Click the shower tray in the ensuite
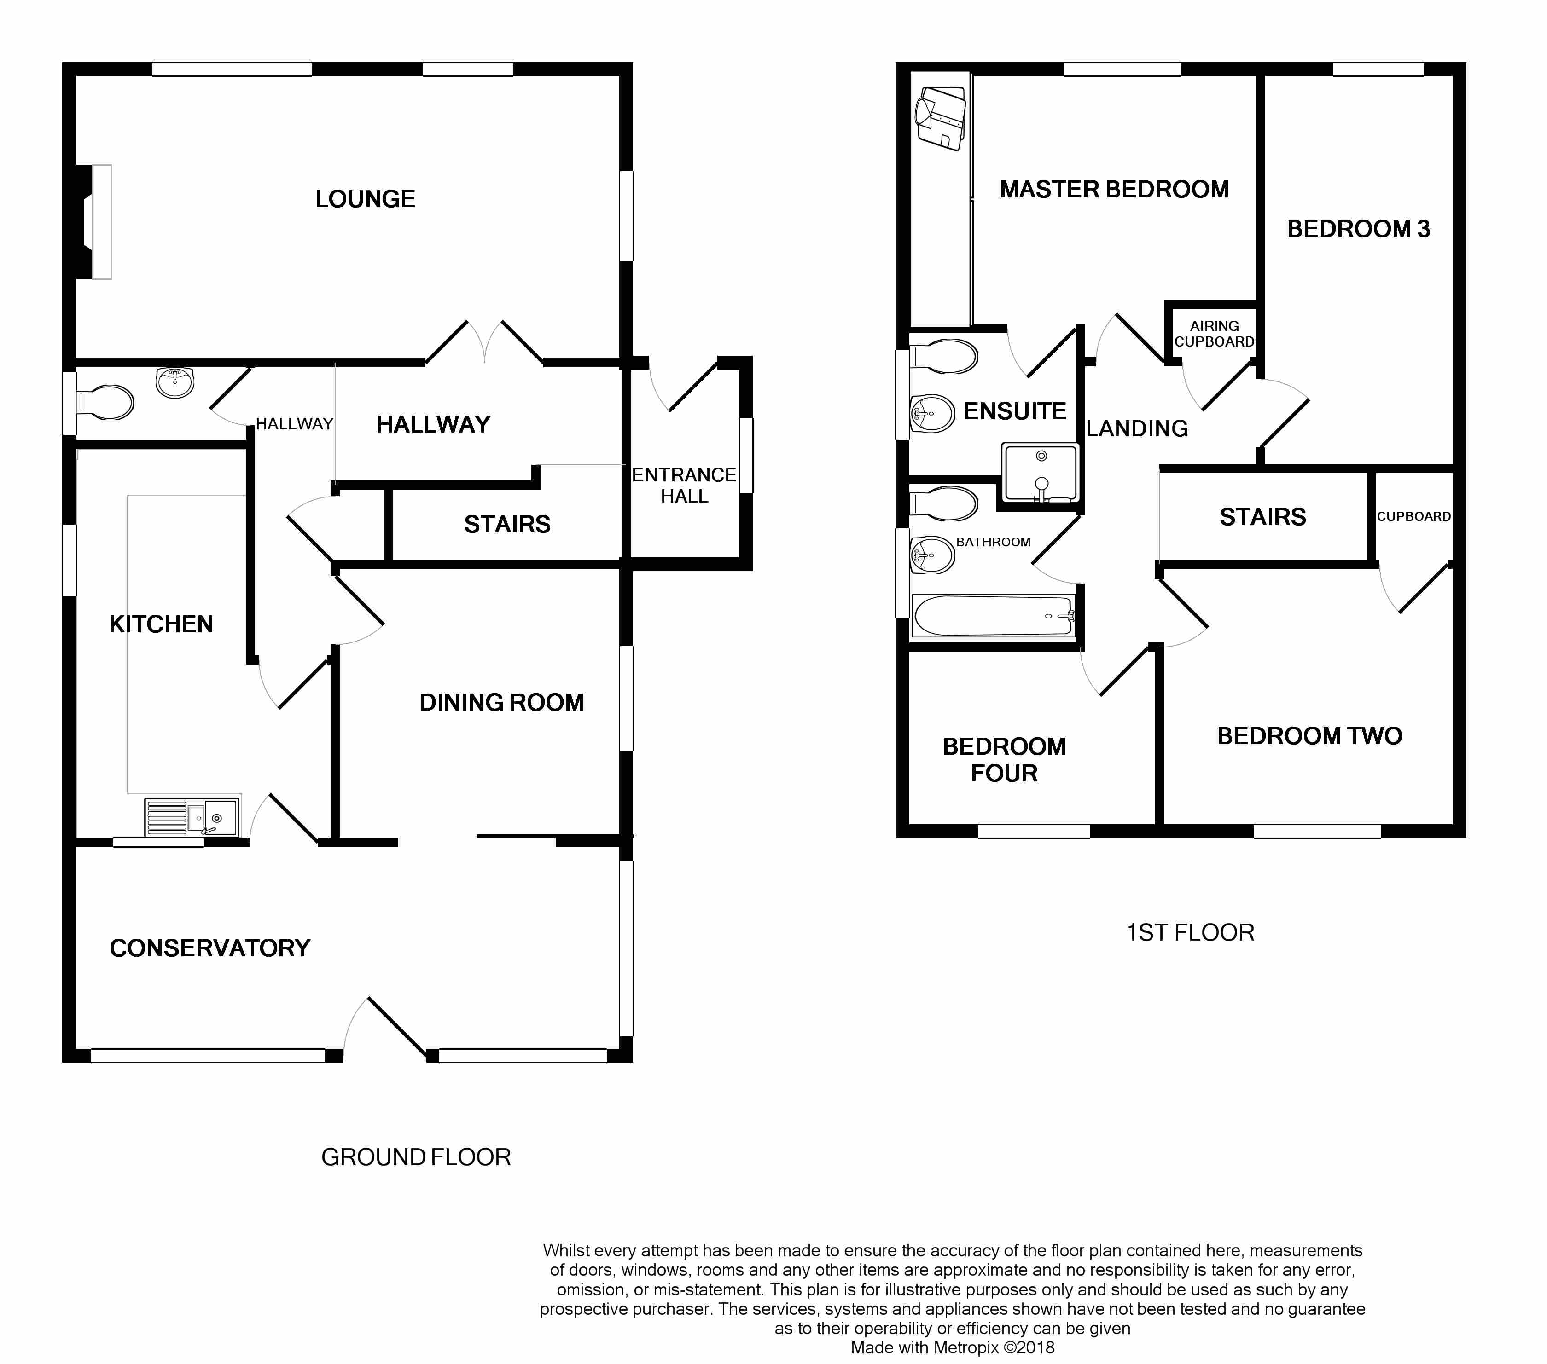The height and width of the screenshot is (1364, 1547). [1040, 473]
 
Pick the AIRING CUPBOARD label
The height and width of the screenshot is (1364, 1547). [1214, 334]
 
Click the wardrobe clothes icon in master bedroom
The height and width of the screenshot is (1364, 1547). [941, 117]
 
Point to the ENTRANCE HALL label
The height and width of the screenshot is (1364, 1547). [684, 485]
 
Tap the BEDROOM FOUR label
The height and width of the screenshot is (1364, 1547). [1004, 760]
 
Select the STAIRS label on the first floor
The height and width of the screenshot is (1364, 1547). [1262, 517]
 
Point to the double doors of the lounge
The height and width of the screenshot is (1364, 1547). [484, 343]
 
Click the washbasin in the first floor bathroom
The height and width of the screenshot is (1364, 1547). [932, 555]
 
